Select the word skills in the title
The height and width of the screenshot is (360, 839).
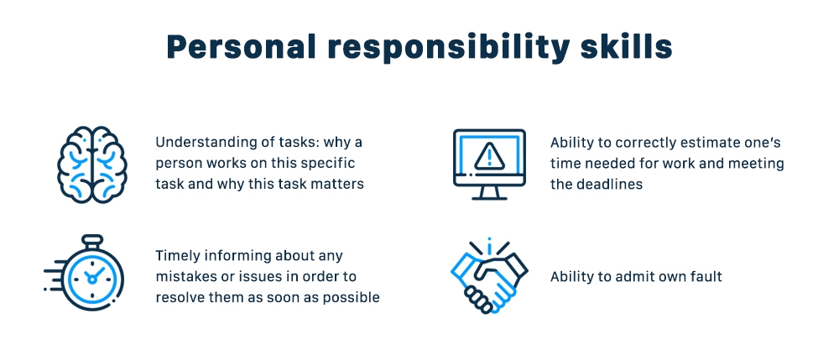(629, 47)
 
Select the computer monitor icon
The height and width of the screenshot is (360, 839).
(488, 163)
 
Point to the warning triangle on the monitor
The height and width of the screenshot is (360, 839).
(488, 156)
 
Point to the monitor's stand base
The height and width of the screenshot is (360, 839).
(488, 197)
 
